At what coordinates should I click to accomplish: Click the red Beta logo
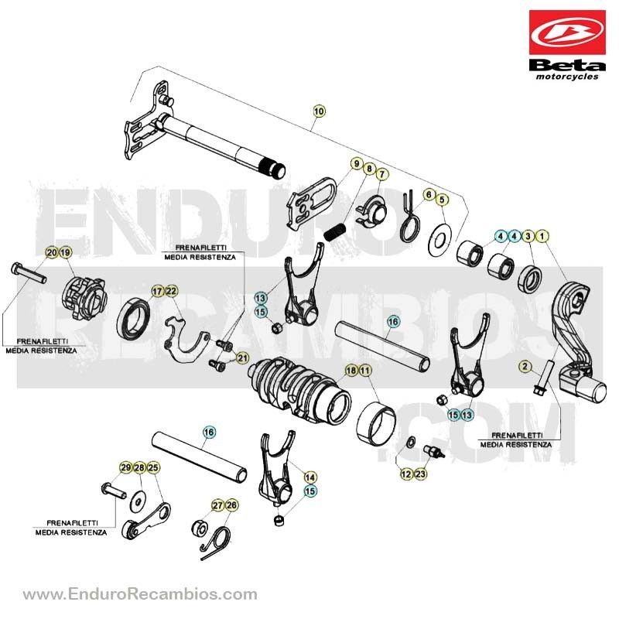click(567, 32)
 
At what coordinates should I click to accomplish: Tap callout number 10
click(319, 111)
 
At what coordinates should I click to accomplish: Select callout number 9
click(357, 163)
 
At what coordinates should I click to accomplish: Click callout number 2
click(525, 366)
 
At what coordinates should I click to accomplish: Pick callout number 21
click(242, 358)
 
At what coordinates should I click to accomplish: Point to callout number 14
click(310, 477)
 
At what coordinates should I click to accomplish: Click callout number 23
click(420, 474)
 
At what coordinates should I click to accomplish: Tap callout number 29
click(126, 468)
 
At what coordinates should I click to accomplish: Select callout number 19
click(66, 252)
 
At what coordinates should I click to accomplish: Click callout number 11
click(365, 371)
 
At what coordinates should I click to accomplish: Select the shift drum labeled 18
click(300, 389)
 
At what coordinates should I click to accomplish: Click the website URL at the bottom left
click(140, 594)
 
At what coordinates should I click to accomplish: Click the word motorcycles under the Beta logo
click(567, 77)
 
